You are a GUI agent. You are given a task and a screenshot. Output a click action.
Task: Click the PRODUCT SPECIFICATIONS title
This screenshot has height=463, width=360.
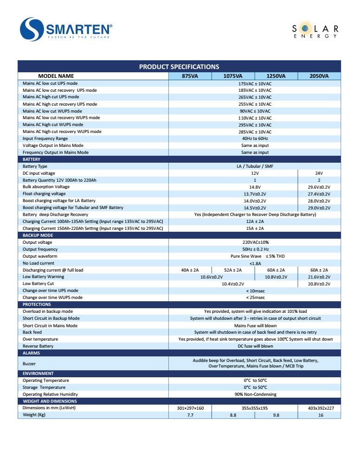(179, 67)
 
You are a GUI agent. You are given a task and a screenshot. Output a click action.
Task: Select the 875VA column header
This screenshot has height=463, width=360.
(190, 76)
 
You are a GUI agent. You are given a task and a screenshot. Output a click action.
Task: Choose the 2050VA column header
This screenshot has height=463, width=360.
(319, 76)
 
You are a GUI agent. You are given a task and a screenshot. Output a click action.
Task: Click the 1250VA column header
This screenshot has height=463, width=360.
(276, 76)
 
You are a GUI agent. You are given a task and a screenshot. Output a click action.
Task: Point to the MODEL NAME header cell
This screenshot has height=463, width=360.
(56, 76)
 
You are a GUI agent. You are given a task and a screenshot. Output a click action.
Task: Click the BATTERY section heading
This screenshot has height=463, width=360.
(32, 159)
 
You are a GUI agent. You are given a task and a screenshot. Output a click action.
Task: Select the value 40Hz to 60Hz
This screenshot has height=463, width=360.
(255, 139)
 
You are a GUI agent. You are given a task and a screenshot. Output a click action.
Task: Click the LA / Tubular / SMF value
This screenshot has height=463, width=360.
(255, 166)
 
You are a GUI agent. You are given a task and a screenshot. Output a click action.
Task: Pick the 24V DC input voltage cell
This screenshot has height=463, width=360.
(319, 173)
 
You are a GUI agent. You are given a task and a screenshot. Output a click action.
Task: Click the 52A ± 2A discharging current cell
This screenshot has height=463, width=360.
(232, 270)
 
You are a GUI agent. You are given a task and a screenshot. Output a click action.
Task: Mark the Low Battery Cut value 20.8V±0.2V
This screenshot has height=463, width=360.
(319, 284)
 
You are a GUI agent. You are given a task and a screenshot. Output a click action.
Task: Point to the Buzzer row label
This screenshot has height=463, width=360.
(29, 364)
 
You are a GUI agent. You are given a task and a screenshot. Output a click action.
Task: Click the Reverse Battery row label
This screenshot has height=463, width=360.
(38, 346)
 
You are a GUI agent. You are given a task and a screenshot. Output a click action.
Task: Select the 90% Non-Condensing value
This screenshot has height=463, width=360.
(255, 394)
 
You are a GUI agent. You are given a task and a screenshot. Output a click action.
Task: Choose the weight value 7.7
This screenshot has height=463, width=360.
(190, 415)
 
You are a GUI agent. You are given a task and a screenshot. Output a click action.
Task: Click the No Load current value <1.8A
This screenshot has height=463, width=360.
(255, 263)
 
